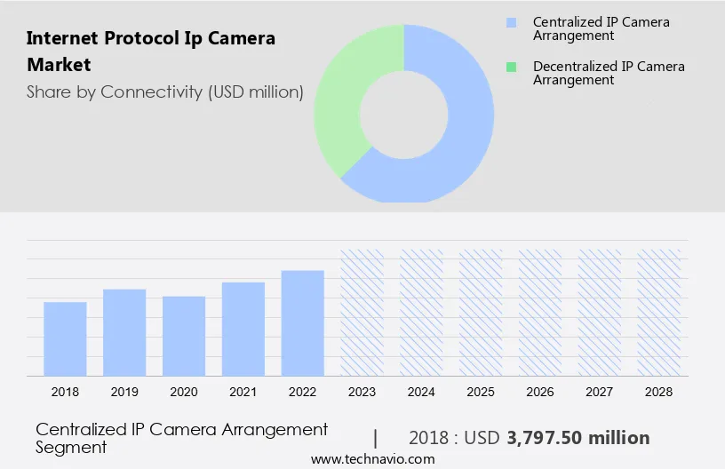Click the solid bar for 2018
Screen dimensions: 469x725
pyautogui.click(x=65, y=339)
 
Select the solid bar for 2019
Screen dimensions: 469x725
pyautogui.click(x=124, y=333)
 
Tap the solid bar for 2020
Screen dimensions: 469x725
pyautogui.click(x=184, y=337)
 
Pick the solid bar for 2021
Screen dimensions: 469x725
pyautogui.click(x=243, y=330)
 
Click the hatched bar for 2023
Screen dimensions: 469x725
pyautogui.click(x=362, y=313)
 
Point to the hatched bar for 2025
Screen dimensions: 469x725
pyautogui.click(x=481, y=313)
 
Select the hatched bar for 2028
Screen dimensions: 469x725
pyautogui.click(x=659, y=313)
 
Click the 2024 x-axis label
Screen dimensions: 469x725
pyautogui.click(x=421, y=392)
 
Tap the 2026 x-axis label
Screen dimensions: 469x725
pyautogui.click(x=540, y=392)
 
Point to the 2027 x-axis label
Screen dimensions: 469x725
pyautogui.click(x=600, y=392)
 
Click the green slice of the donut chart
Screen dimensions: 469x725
pyautogui.click(x=342, y=98)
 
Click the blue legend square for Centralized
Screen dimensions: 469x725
pyautogui.click(x=510, y=22)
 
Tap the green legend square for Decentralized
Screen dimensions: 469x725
pyautogui.click(x=510, y=67)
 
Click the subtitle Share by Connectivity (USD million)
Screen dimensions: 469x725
pyautogui.click(x=165, y=91)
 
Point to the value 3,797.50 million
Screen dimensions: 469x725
pyautogui.click(x=578, y=438)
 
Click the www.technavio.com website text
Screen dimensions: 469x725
pyautogui.click(x=372, y=459)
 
